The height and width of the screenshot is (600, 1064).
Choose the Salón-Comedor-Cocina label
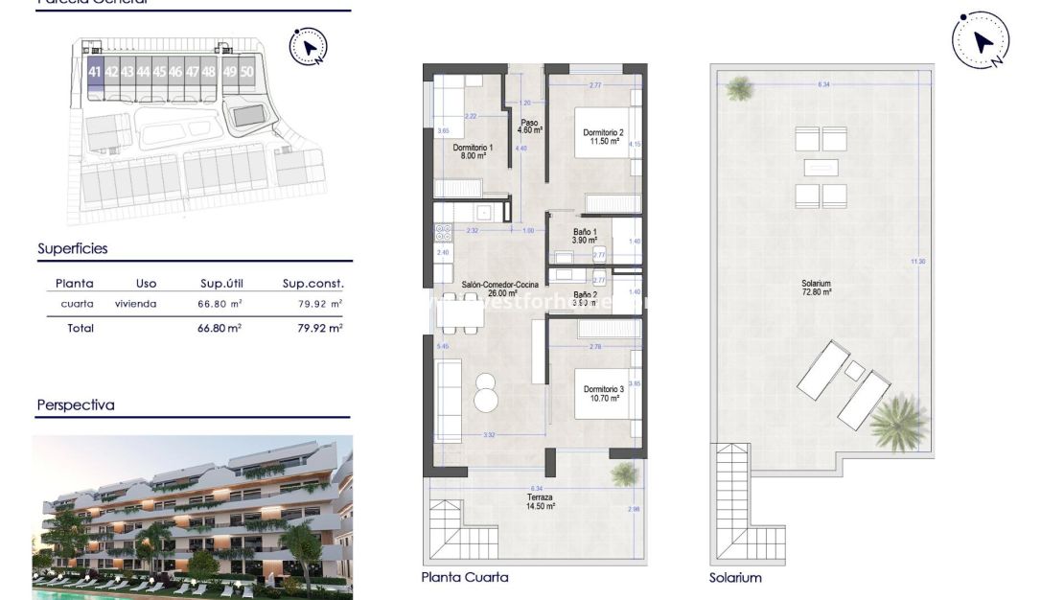(499, 285)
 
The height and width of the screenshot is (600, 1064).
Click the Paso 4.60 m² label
(529, 126)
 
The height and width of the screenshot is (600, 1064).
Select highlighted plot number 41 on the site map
(94, 72)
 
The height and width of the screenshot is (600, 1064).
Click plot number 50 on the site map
(247, 72)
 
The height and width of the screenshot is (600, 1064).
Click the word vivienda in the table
(135, 304)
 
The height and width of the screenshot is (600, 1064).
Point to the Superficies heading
(73, 249)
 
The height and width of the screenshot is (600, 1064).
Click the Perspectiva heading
(76, 405)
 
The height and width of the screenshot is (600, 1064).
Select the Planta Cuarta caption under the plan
(465, 577)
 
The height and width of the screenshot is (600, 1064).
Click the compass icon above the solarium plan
(981, 40)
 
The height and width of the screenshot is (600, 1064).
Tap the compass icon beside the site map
(308, 45)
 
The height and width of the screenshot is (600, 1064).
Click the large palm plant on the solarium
(899, 422)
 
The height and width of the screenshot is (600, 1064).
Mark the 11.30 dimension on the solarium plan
(918, 261)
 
